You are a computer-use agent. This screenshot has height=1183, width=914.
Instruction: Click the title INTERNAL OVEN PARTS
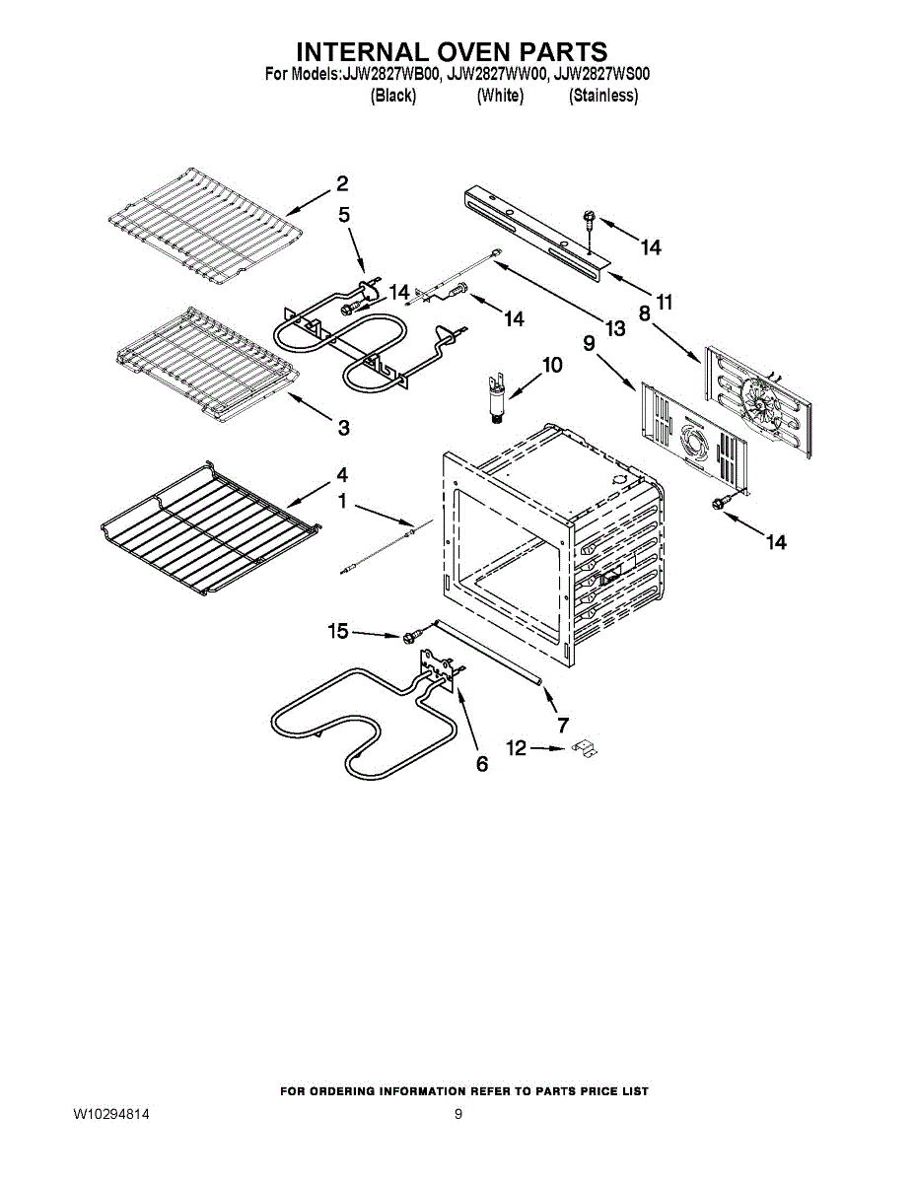click(453, 51)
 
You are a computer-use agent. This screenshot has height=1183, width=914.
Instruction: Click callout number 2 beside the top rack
click(341, 183)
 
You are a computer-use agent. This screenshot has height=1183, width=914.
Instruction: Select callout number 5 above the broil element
click(344, 215)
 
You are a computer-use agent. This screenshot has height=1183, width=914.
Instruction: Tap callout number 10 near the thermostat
click(551, 365)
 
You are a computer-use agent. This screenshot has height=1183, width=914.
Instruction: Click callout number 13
click(615, 329)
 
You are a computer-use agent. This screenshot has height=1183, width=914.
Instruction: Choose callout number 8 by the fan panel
click(644, 313)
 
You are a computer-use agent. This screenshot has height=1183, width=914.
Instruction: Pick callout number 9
click(589, 343)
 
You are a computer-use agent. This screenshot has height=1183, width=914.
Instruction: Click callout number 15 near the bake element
click(339, 631)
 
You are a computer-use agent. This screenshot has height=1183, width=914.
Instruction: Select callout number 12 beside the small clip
click(517, 749)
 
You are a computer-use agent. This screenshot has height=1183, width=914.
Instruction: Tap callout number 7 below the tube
click(563, 726)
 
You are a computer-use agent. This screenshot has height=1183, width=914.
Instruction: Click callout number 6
click(482, 764)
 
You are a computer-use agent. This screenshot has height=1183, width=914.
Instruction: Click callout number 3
click(343, 428)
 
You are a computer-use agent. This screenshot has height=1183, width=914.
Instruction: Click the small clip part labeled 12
click(587, 749)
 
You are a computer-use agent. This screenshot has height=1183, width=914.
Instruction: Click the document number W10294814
click(110, 1114)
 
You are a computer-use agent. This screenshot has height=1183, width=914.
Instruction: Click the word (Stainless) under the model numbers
click(603, 96)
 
